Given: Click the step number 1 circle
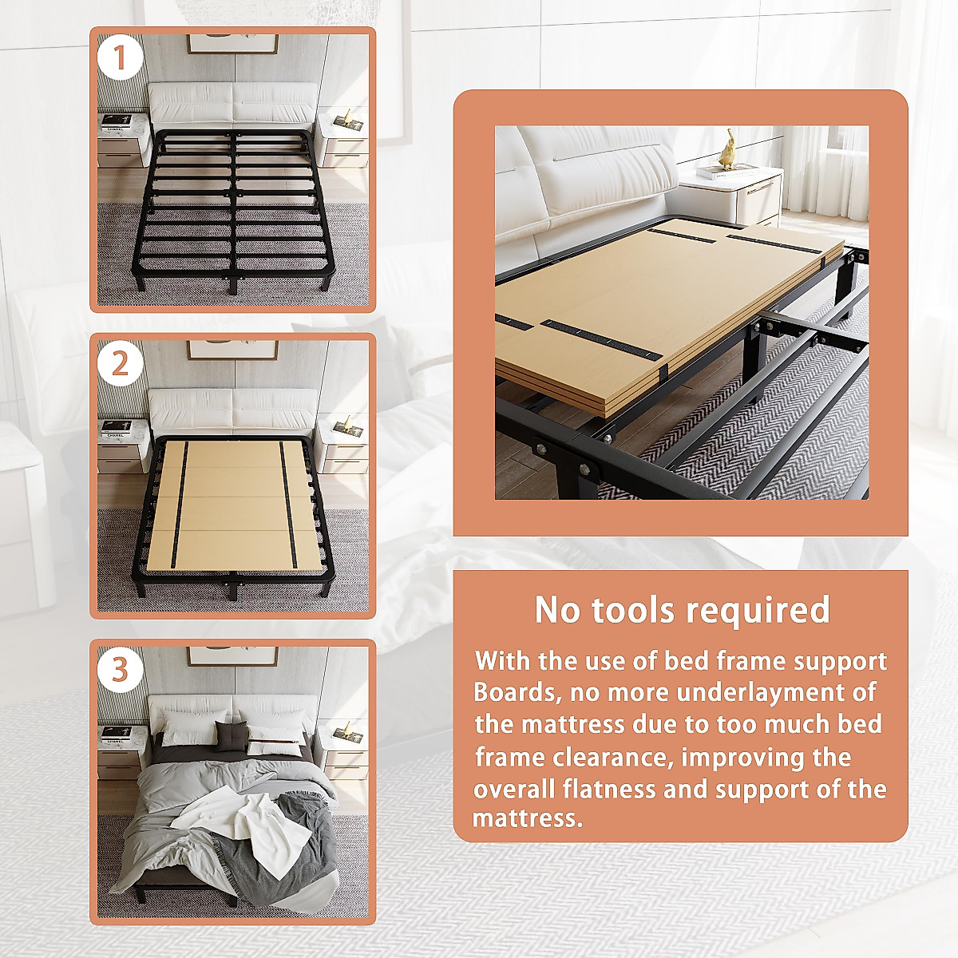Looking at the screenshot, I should pyautogui.click(x=120, y=58).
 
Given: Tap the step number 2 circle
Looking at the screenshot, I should pyautogui.click(x=120, y=364).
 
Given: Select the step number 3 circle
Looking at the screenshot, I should pyautogui.click(x=120, y=669).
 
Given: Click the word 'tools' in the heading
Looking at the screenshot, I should pyautogui.click(x=631, y=610).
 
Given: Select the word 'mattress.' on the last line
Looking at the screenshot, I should pyautogui.click(x=527, y=818).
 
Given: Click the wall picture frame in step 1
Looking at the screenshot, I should pyautogui.click(x=232, y=44).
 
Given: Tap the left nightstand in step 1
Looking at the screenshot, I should pyautogui.click(x=124, y=140).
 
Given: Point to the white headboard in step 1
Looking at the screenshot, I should pyautogui.click(x=232, y=104).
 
